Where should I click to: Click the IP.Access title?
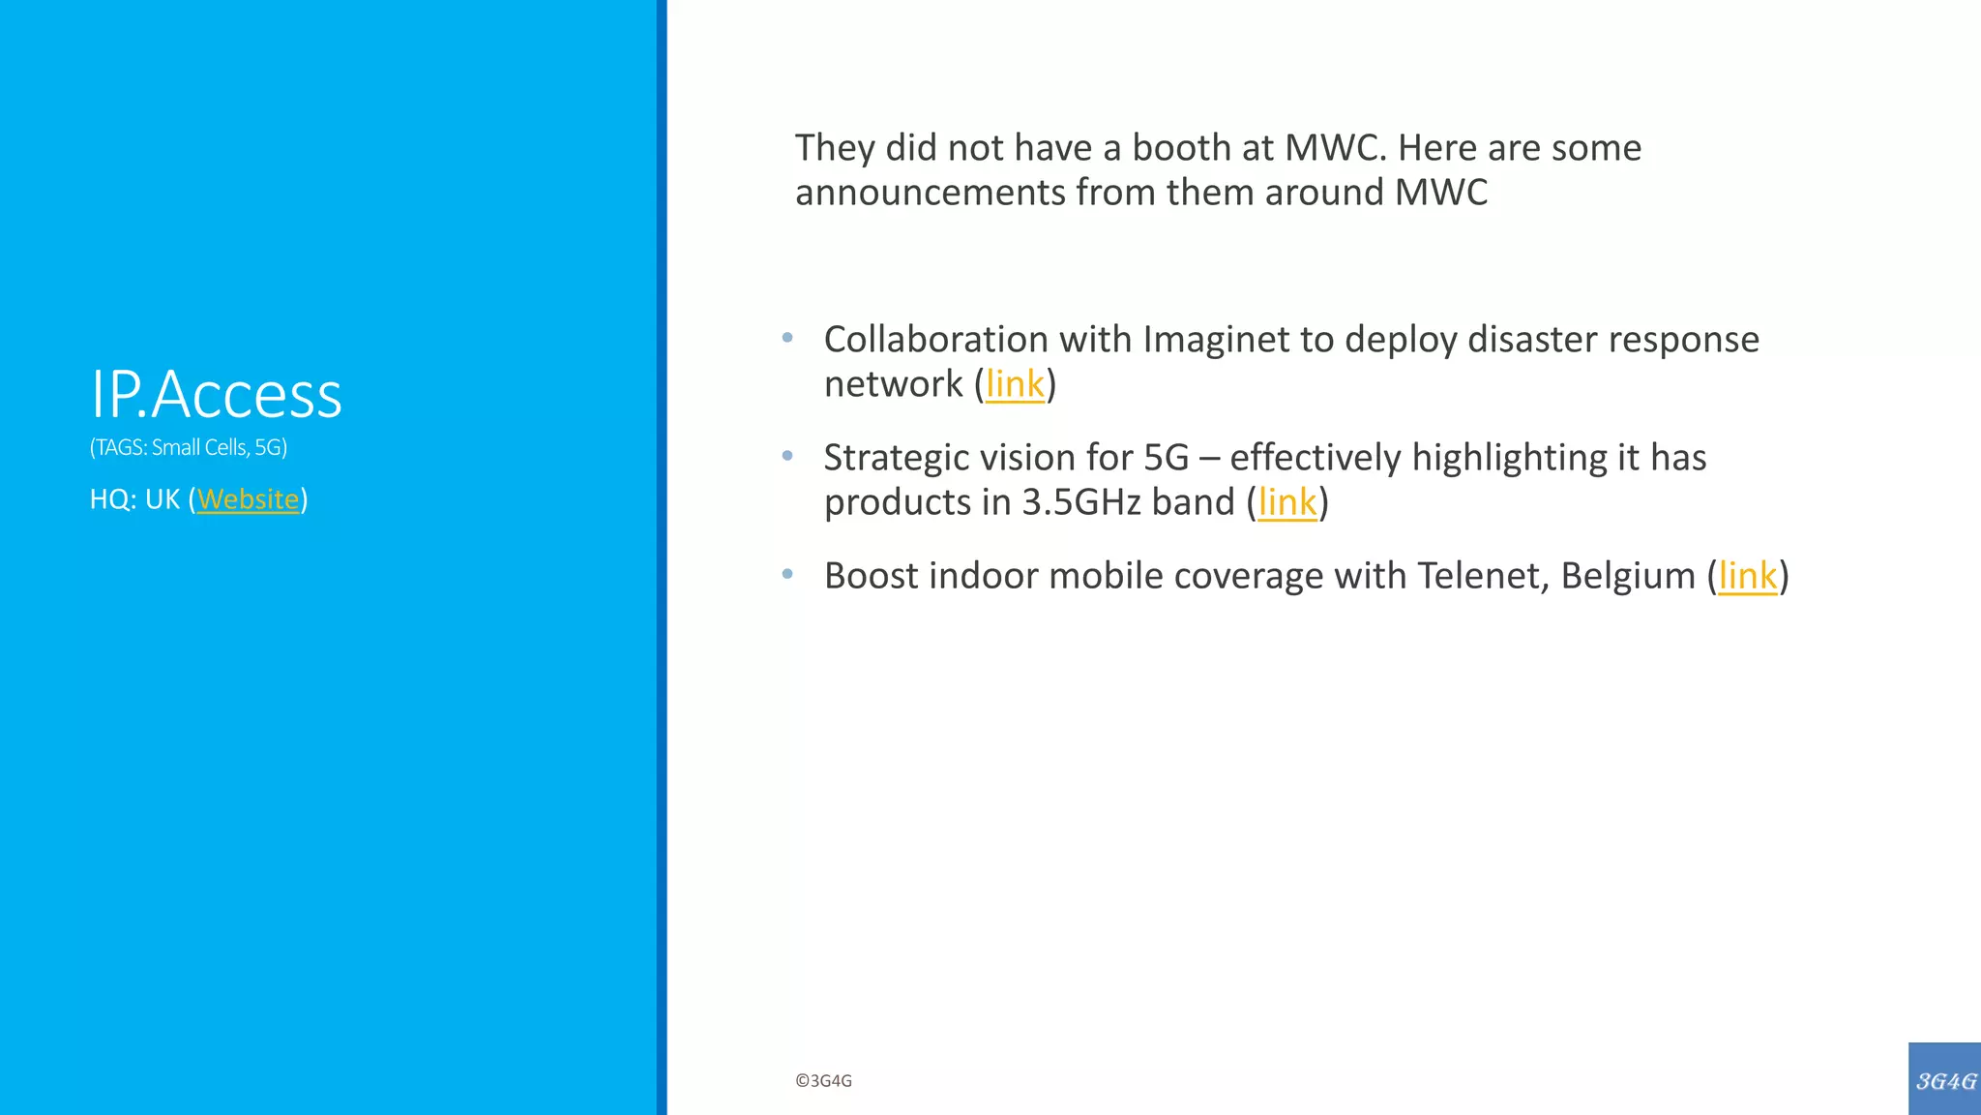point(216,395)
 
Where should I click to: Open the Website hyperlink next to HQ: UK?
point(248,499)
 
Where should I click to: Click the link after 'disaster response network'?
point(1015,384)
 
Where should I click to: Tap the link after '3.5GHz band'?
point(1287,502)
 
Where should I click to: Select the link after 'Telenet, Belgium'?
point(1747,576)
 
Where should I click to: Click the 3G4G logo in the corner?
point(1945,1080)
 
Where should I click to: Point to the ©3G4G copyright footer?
point(823,1081)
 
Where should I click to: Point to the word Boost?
point(871,576)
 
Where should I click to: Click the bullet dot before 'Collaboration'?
point(787,338)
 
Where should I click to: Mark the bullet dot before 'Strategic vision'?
point(787,456)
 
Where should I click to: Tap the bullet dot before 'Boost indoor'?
point(787,574)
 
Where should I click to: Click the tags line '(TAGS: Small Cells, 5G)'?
point(189,447)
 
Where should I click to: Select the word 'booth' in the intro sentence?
point(1180,148)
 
